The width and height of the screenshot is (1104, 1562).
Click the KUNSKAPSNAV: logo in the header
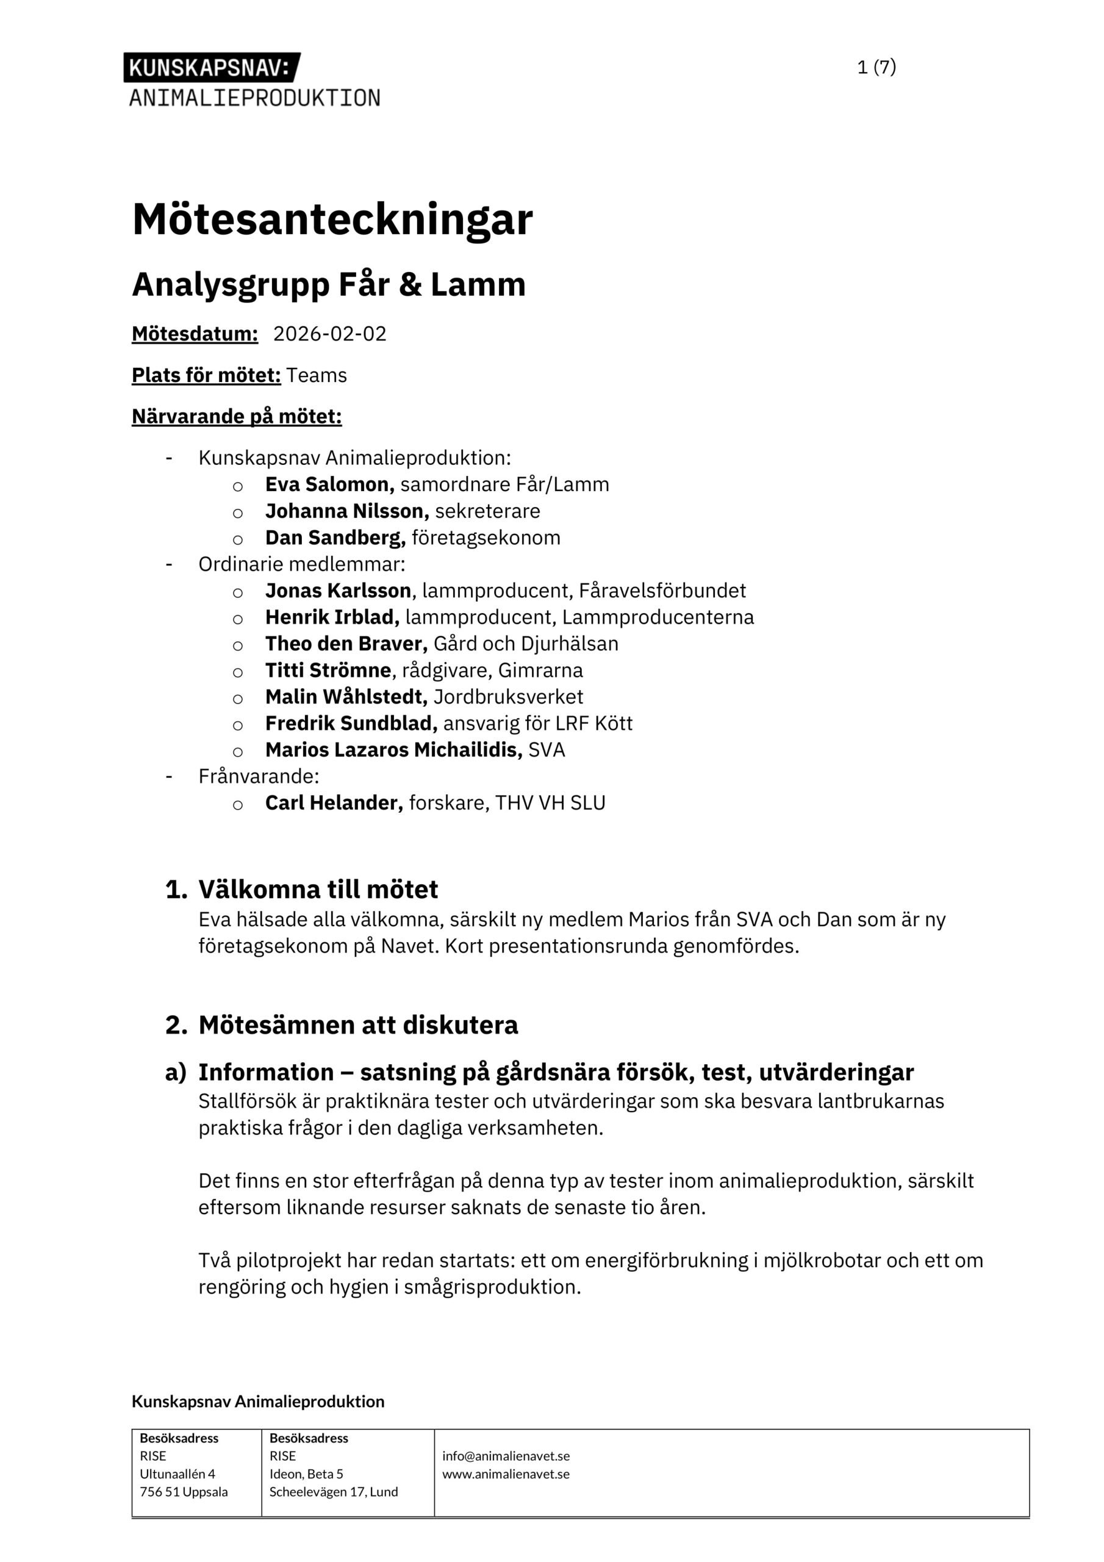(x=212, y=67)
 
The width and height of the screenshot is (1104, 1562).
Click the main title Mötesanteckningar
(x=332, y=220)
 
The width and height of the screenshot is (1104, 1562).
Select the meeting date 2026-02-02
(x=329, y=334)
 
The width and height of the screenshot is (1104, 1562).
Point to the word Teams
(x=317, y=375)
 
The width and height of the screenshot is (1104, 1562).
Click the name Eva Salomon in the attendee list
(x=329, y=484)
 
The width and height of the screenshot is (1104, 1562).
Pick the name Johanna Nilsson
(x=346, y=511)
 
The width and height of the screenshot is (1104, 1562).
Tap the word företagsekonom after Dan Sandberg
(x=486, y=538)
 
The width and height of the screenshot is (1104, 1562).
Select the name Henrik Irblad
(x=332, y=617)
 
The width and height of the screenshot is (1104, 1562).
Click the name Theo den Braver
(x=346, y=644)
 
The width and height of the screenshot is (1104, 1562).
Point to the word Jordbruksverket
(x=508, y=697)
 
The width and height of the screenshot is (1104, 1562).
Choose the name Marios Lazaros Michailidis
(x=393, y=750)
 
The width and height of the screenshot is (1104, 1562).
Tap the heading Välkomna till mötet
(x=318, y=889)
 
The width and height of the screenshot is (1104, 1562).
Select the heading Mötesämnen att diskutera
(x=358, y=1024)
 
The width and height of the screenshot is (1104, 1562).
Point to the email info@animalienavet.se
(x=506, y=1456)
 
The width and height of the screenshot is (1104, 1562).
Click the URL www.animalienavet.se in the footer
(x=506, y=1474)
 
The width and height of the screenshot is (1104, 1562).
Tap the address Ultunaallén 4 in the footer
(x=177, y=1474)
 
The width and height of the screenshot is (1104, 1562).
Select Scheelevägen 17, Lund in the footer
(x=333, y=1492)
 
